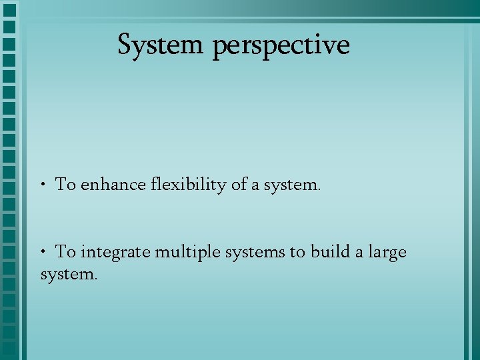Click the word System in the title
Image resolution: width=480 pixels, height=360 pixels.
pos(160,45)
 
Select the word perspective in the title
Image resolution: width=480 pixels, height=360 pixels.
pos(281,46)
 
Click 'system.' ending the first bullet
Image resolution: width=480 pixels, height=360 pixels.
pos(293,185)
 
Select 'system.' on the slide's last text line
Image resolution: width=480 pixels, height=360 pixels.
pos(69,273)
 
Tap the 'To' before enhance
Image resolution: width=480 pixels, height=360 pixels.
pos(65,185)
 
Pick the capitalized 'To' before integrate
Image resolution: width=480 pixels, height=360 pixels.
pos(65,252)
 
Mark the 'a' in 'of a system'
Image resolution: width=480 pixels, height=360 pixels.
pos(257,185)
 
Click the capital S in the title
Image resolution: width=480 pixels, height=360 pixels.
pos(125,45)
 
